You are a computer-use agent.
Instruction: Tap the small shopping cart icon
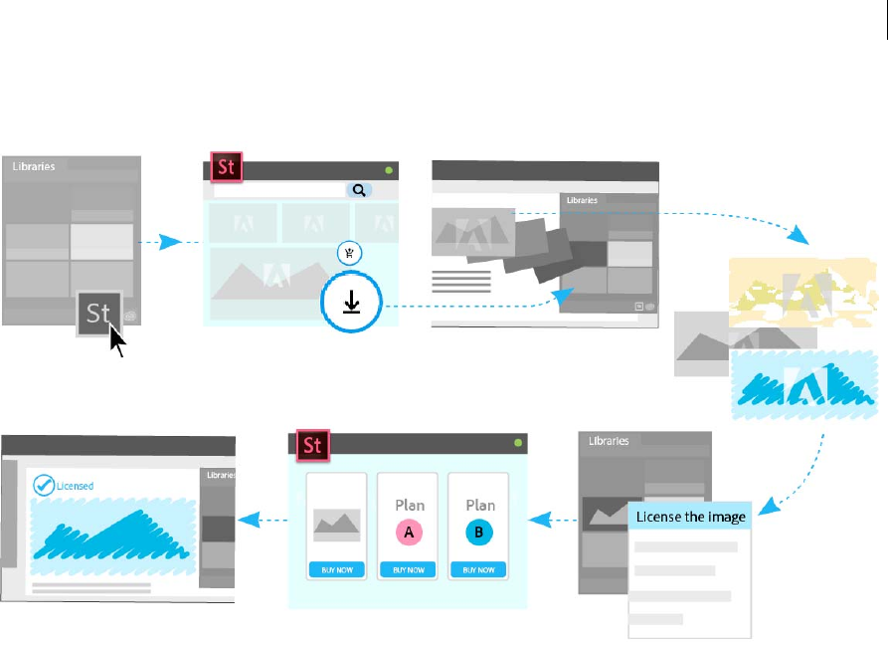coord(349,253)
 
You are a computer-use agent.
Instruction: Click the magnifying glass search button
coord(358,189)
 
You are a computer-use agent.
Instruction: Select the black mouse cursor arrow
coord(118,341)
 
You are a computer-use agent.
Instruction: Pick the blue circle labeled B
coord(479,533)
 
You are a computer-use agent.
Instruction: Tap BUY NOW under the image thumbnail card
coord(337,570)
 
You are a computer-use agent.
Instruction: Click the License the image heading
coord(690,516)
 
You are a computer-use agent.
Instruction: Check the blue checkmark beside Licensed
coord(43,486)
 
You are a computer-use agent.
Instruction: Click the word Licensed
coord(76,486)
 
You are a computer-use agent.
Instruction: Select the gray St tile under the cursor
coord(98,314)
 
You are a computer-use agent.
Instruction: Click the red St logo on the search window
coord(226,167)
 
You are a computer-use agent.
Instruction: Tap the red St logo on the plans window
coord(312,446)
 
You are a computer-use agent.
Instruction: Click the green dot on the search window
coord(389,170)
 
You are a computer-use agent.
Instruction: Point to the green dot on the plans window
coord(517,443)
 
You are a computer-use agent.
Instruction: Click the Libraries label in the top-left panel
coord(34,166)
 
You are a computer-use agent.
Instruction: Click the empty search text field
coord(279,189)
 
